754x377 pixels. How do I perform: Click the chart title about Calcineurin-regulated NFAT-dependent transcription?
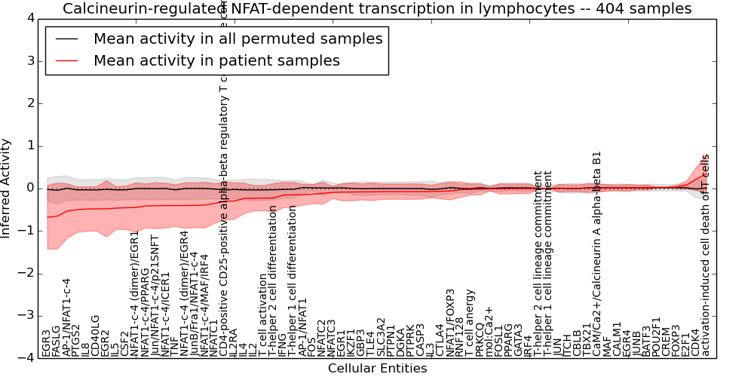coord(377,9)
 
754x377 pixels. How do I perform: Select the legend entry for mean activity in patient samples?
coord(216,60)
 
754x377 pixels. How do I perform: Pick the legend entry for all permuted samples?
coord(238,39)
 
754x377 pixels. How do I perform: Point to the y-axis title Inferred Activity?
coord(7,188)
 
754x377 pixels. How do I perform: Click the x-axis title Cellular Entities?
coord(377,369)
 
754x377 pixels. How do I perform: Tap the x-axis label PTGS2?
coord(76,340)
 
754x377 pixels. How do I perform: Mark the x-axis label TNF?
coord(175,346)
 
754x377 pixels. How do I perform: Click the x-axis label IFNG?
coord(283,344)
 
